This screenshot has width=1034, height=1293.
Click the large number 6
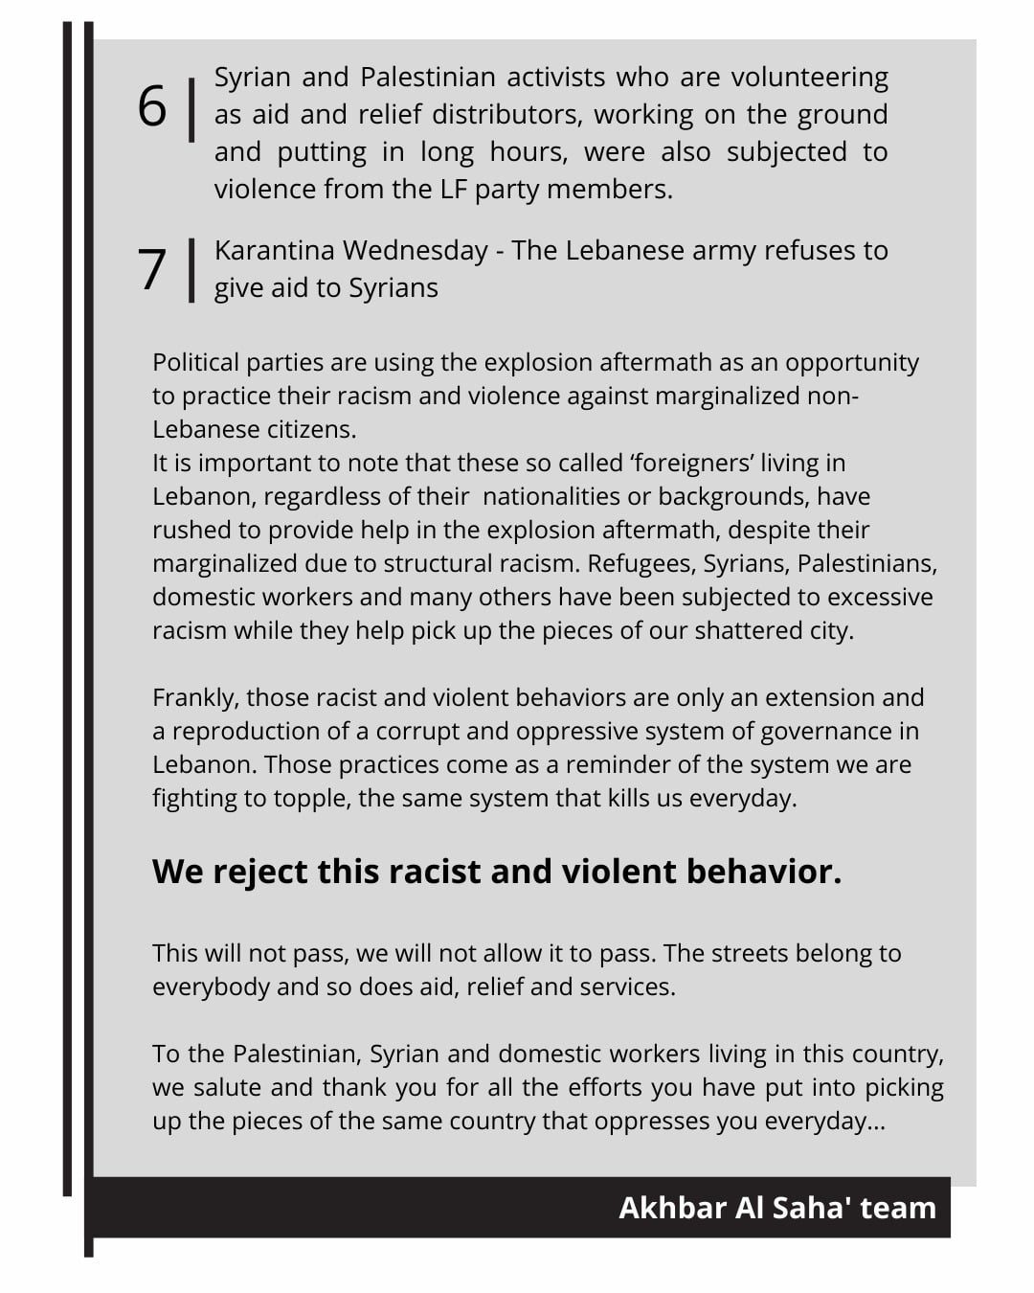click(152, 106)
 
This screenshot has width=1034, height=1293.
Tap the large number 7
click(152, 269)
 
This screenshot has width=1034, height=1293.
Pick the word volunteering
click(810, 78)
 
